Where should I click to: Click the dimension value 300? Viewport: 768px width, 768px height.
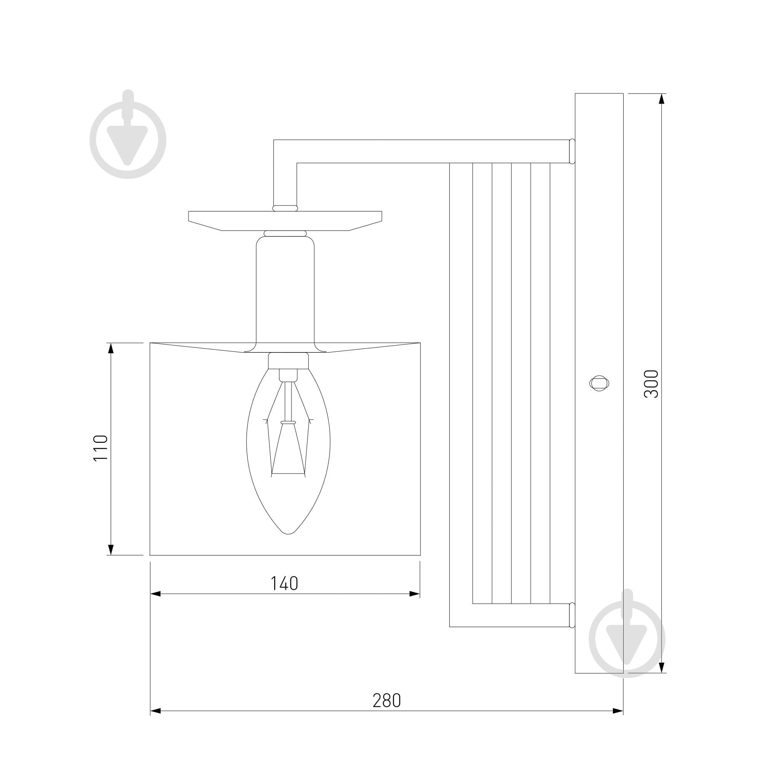tap(651, 384)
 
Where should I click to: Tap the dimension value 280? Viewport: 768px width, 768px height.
tap(387, 701)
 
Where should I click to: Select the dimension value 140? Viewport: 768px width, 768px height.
tap(284, 584)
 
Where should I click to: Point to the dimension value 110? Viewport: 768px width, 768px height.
tap(101, 448)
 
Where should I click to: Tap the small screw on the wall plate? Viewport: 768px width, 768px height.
tap(599, 383)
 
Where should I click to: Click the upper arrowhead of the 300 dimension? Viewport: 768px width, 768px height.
tap(662, 99)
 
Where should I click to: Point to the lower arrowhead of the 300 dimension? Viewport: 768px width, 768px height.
tap(662, 667)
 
